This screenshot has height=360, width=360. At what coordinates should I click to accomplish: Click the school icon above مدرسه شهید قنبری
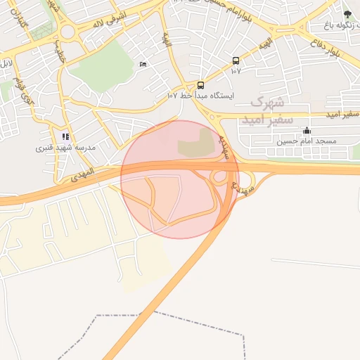pyautogui.click(x=65, y=136)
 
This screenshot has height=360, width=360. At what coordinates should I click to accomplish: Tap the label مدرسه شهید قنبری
pyautogui.click(x=65, y=148)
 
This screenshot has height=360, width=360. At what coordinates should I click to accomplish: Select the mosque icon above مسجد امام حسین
pyautogui.click(x=307, y=131)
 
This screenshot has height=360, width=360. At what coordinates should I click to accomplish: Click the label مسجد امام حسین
pyautogui.click(x=307, y=141)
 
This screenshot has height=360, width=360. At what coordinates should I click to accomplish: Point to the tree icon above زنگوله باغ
pyautogui.click(x=347, y=13)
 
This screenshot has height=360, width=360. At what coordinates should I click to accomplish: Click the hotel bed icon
pyautogui.click(x=143, y=65)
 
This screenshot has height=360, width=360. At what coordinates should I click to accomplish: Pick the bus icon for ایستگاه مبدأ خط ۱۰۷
pyautogui.click(x=201, y=84)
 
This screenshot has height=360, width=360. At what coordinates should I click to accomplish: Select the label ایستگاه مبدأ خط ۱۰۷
pyautogui.click(x=201, y=95)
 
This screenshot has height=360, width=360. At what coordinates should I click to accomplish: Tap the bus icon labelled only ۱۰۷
pyautogui.click(x=236, y=60)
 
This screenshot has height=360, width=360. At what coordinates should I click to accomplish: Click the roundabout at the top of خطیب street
pyautogui.click(x=68, y=31)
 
